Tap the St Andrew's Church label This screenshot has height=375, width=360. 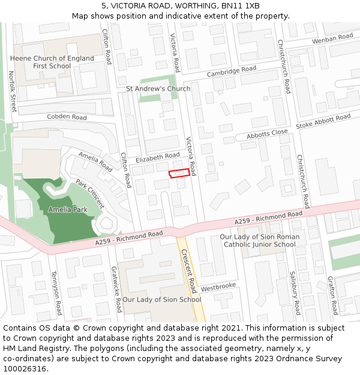pos(158,89)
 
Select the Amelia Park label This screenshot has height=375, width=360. pos(68,210)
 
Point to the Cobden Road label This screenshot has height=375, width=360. pos(67,117)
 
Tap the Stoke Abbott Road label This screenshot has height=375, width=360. pos(323,121)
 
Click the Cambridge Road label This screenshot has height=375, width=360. pos(231,71)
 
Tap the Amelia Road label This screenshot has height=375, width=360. pos(95,162)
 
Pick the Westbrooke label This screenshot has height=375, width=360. pos(218,287)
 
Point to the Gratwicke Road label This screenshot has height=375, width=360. pos(116,289)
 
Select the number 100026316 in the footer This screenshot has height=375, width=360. pos(25,369)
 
